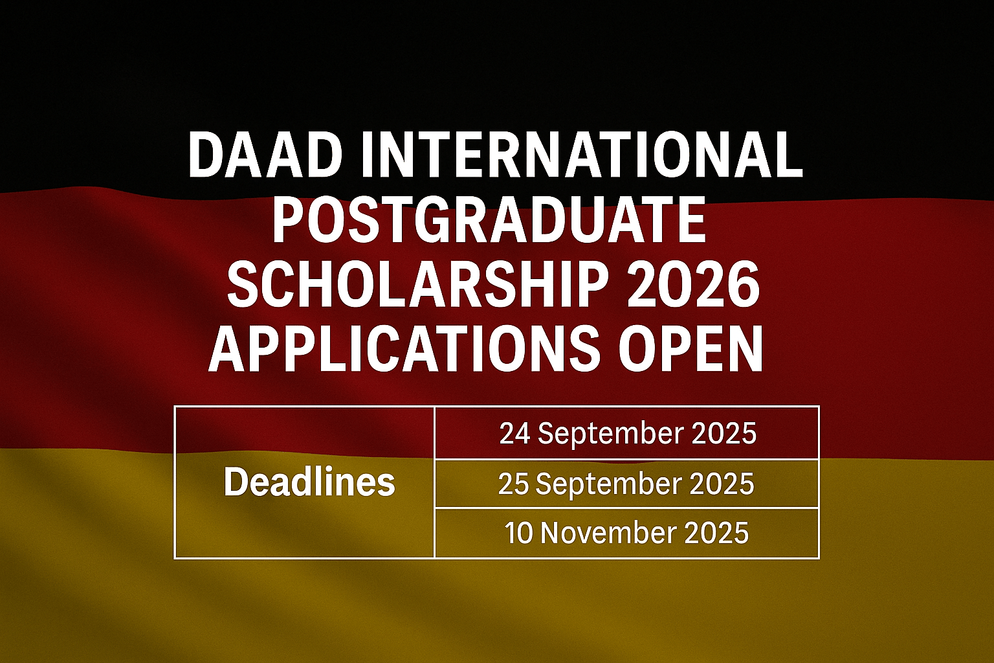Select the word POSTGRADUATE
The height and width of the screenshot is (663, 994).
click(x=489, y=220)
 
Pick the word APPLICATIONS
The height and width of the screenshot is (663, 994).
click(x=404, y=350)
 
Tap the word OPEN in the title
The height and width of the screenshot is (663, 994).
click(x=690, y=350)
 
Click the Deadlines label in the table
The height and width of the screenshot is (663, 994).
click(x=309, y=482)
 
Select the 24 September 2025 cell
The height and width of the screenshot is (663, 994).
click(x=627, y=433)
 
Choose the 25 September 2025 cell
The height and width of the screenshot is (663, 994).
click(x=626, y=484)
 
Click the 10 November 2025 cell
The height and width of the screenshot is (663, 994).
click(x=626, y=533)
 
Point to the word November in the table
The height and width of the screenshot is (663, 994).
click(x=608, y=533)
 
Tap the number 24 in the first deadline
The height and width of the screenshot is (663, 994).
click(x=515, y=433)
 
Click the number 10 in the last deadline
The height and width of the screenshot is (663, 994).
click(x=519, y=533)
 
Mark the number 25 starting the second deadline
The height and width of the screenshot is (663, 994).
click(x=514, y=484)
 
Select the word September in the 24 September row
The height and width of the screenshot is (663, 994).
click(x=608, y=433)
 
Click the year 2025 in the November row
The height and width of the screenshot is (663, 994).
click(x=716, y=533)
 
